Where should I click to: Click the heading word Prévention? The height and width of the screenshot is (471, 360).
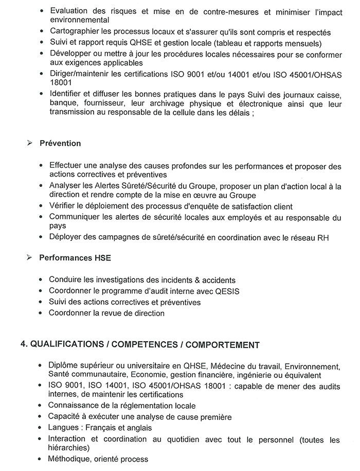[x=60, y=144]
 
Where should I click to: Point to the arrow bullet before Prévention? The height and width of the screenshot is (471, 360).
[x=30, y=144]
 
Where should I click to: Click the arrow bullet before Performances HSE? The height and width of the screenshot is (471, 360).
[x=30, y=257]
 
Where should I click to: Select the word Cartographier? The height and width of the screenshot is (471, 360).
[x=74, y=32]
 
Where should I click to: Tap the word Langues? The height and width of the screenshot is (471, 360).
[x=64, y=428]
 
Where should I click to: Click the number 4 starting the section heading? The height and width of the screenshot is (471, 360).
[x=23, y=344]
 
